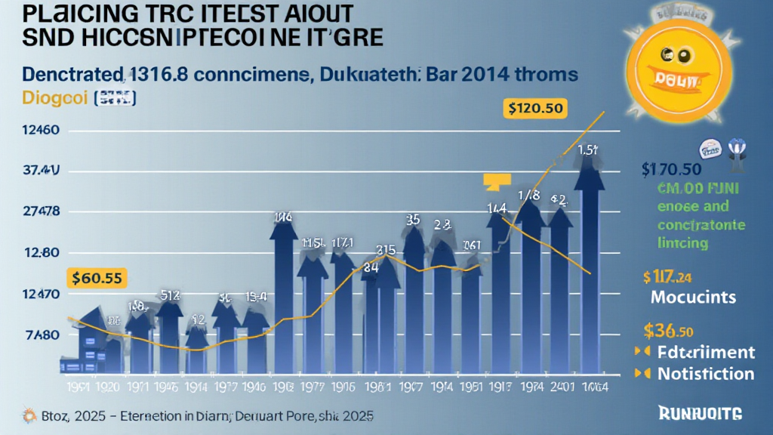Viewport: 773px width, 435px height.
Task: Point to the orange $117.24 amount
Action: click(x=667, y=276)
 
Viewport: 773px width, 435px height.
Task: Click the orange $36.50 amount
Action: click(x=670, y=331)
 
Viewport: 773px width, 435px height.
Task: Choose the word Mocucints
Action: click(x=693, y=297)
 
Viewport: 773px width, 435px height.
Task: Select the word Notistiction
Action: click(x=705, y=373)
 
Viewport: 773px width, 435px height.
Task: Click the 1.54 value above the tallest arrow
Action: click(x=589, y=150)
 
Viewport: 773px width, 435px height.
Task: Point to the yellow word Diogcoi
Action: click(x=44, y=98)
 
